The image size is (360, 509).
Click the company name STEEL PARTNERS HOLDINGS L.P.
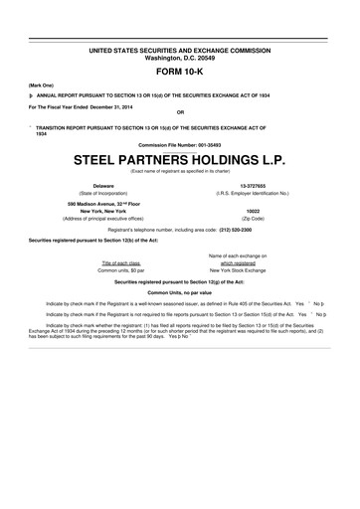point(179,159)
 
